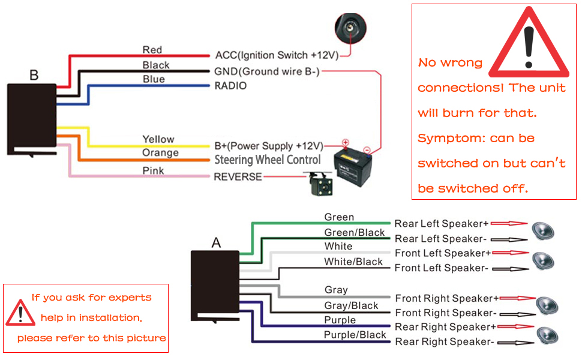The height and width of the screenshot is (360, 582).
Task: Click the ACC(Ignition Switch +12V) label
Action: tap(277, 55)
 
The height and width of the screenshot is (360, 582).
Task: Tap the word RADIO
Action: tap(230, 86)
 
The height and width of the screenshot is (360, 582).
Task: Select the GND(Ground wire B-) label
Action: tap(267, 71)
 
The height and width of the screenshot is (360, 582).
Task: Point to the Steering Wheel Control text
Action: tap(268, 160)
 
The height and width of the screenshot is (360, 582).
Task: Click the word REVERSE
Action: tap(238, 177)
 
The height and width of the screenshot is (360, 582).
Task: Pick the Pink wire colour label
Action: tap(153, 171)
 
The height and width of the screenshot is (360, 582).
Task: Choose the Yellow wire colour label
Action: tap(158, 139)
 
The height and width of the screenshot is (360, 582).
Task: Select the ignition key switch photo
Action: tap(350, 28)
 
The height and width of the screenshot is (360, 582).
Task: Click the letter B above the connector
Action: tap(34, 76)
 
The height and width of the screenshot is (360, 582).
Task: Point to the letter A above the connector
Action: tap(216, 243)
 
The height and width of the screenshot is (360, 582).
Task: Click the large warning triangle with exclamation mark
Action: tap(528, 45)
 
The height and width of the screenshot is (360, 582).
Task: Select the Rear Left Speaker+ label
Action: tap(441, 224)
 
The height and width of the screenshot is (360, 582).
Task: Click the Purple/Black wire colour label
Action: tap(355, 335)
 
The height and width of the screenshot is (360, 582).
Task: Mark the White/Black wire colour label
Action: tap(353, 262)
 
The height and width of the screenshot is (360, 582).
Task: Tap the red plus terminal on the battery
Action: tap(346, 143)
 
